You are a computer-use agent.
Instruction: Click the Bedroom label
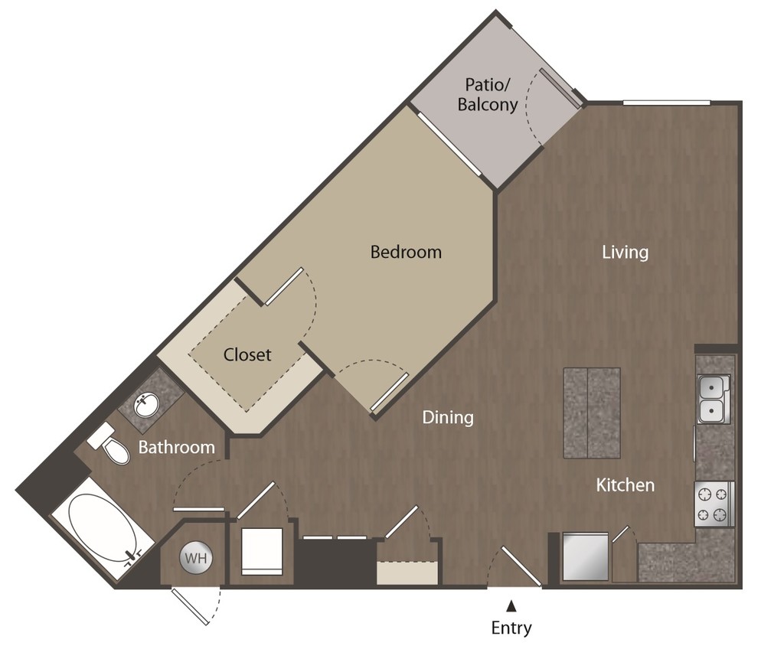tap(406, 251)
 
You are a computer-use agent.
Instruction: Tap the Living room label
tap(625, 252)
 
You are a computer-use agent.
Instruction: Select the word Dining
tap(448, 417)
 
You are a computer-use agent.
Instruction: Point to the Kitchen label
tap(625, 484)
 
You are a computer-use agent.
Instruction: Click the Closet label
tap(247, 354)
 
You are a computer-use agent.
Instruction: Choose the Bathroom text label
tap(176, 447)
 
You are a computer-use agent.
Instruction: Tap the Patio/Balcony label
tap(488, 95)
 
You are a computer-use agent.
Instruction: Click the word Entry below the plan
tap(511, 628)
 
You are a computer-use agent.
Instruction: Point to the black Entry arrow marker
tap(511, 606)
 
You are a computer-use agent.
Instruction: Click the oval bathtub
tap(100, 533)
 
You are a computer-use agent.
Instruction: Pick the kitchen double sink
tap(714, 399)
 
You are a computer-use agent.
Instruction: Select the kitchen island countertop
tap(591, 413)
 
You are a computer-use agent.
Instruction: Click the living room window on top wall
tap(666, 103)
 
